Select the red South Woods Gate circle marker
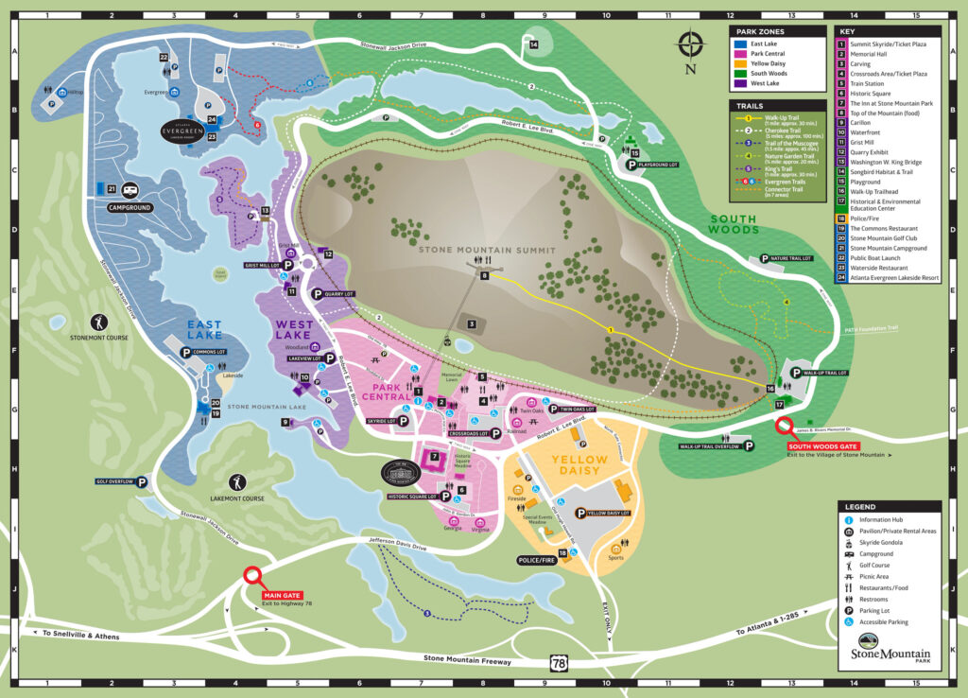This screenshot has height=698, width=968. click(x=786, y=428)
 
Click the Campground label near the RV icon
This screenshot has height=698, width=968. click(x=130, y=207)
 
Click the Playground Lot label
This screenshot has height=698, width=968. click(x=660, y=165)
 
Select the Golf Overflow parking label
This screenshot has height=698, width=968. click(x=116, y=481)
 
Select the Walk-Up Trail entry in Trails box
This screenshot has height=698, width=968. click(x=782, y=120)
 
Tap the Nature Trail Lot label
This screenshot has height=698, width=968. click(x=791, y=257)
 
